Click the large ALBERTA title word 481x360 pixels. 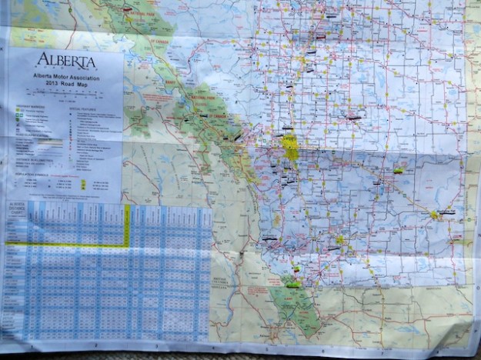tap(65, 61)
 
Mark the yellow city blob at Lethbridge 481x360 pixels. tap(339, 240)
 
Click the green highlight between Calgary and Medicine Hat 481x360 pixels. tap(399, 171)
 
